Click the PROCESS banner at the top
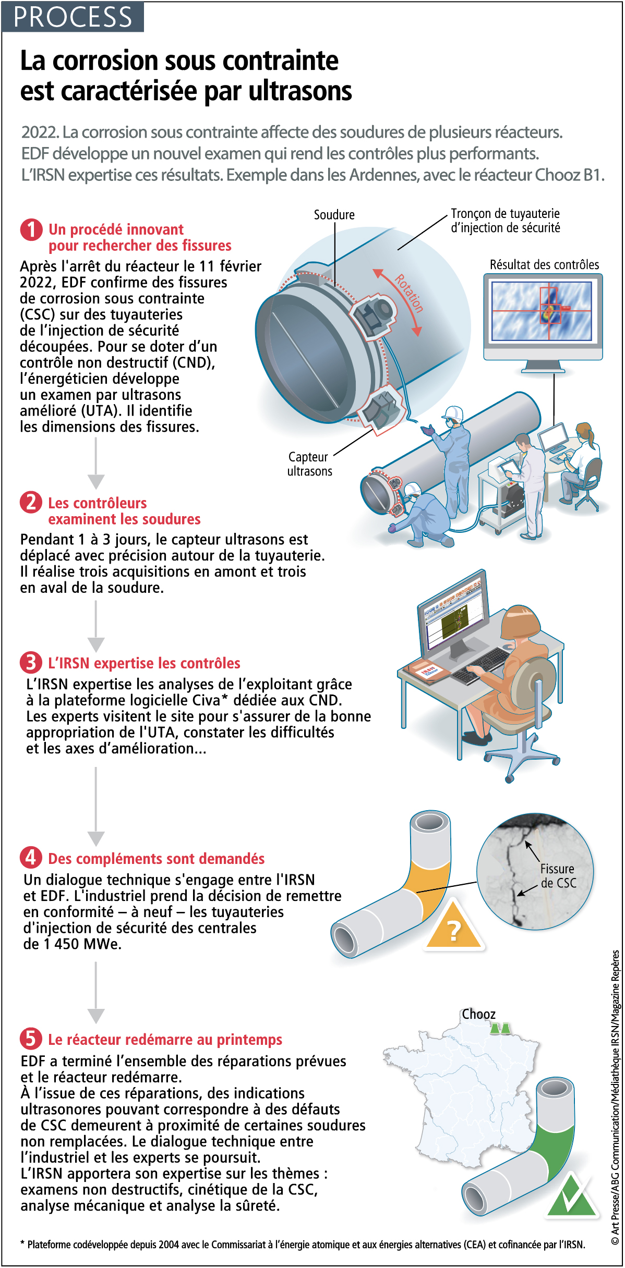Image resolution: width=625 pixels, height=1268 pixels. pos(73,17)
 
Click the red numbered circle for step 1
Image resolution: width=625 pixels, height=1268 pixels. pos(31,230)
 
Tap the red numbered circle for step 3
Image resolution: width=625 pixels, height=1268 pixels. pos(31,663)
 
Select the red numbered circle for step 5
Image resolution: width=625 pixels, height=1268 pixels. pos(31,1039)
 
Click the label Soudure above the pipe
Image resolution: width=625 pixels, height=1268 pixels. pos(334,215)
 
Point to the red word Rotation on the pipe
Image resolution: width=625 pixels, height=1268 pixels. pos(408,294)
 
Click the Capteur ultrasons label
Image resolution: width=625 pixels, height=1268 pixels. pos(309,464)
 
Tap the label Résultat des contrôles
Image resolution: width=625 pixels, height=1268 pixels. pos(544,265)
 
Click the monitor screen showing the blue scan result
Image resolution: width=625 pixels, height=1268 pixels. pos(543,311)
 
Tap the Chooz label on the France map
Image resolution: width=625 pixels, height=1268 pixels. pos(478,1014)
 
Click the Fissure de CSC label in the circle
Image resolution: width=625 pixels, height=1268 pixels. pos(558,876)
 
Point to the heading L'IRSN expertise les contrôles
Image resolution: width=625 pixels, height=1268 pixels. pos(144,663)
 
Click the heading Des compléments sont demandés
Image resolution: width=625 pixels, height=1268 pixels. pos(156,859)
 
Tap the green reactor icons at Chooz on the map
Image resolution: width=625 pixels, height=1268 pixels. pos(500,1029)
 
